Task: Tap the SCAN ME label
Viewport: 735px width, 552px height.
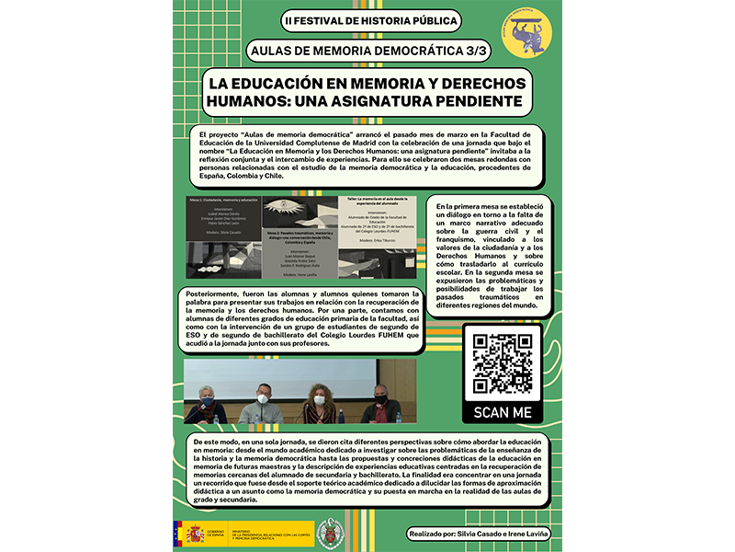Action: pos(503,412)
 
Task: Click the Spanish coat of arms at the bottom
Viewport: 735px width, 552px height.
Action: pos(194,533)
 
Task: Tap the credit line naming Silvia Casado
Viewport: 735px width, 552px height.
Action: pos(478,534)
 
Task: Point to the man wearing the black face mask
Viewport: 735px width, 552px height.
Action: pos(379,403)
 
